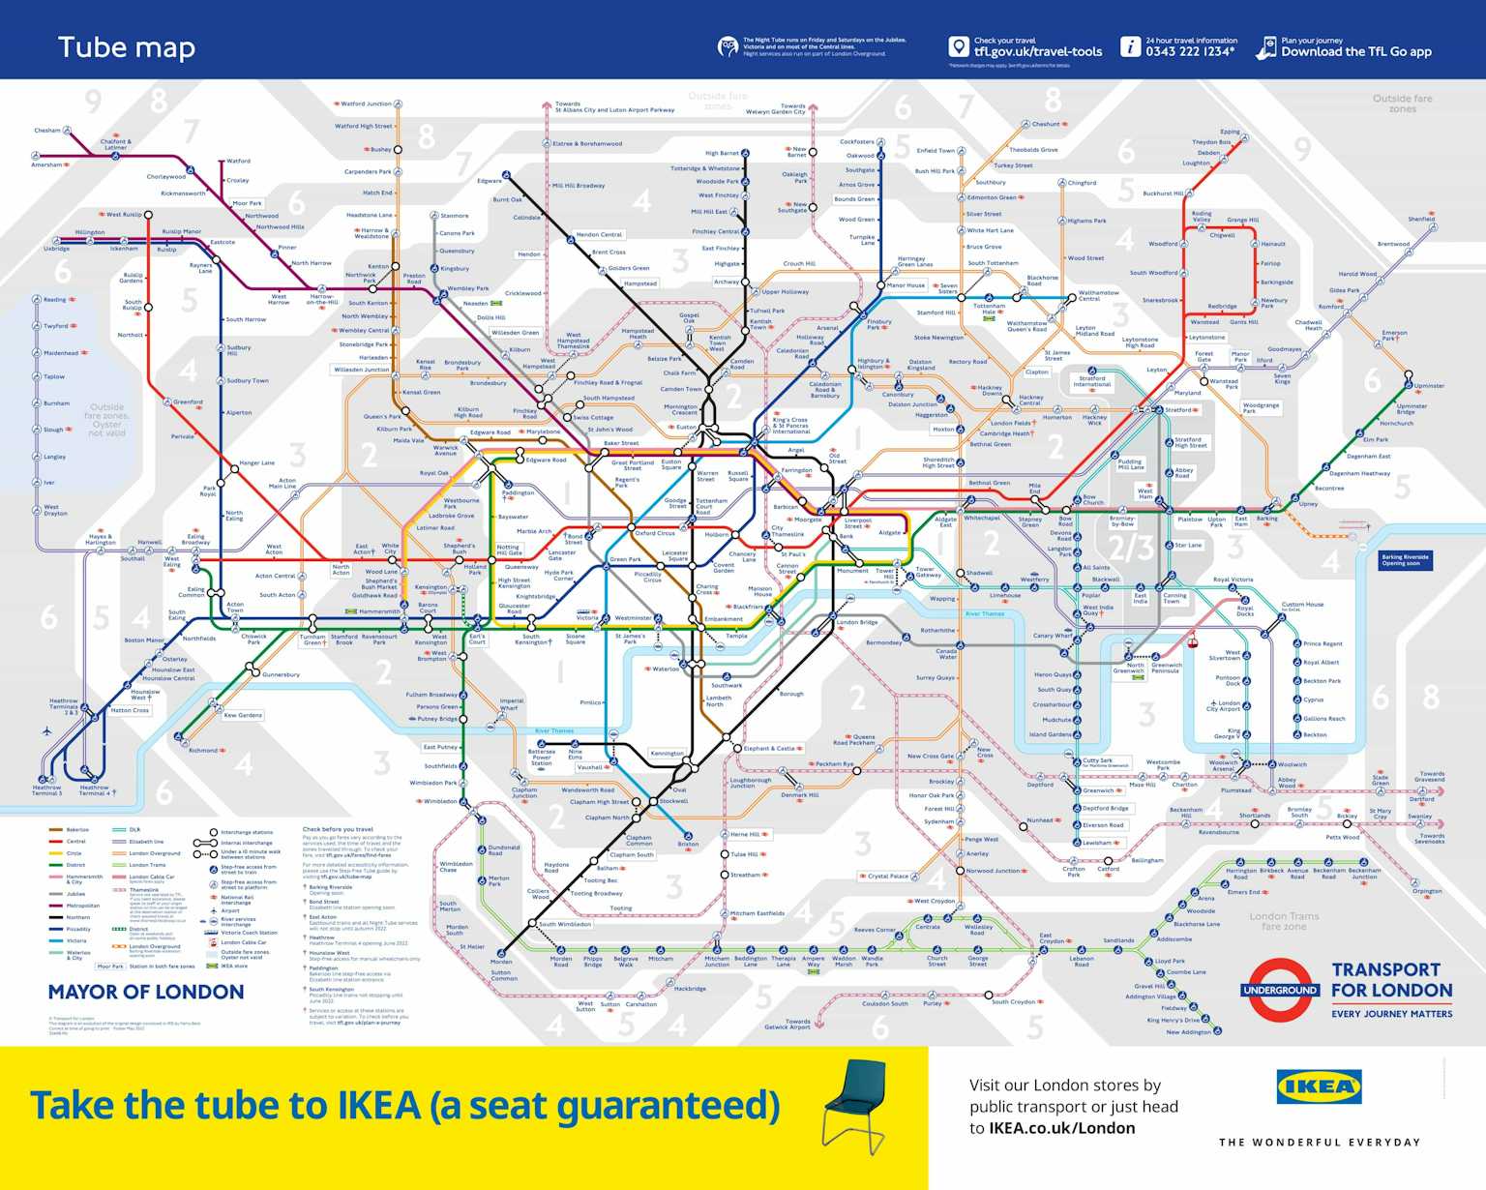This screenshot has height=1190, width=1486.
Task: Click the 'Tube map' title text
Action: [x=127, y=47]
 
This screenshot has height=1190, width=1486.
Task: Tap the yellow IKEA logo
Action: [x=1319, y=1086]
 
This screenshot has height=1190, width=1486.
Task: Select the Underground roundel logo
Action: [x=1279, y=990]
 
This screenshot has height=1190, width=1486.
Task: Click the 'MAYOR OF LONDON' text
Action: [x=146, y=992]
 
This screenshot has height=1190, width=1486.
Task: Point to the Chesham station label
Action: [x=47, y=130]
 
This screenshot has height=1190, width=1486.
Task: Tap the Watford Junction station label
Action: [x=366, y=104]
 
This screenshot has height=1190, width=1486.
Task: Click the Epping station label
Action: [x=1230, y=132]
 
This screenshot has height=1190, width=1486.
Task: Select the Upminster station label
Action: [x=1429, y=386]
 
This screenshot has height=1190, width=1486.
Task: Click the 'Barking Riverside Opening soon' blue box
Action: [x=1406, y=559]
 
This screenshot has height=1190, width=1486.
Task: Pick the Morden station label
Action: [x=501, y=962]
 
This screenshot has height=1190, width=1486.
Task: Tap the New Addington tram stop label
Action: [x=1188, y=1032]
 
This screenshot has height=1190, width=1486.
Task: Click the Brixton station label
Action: [x=688, y=844]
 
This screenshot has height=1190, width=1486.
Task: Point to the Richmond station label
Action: [x=203, y=750]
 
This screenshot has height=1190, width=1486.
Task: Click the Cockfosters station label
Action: [x=857, y=142]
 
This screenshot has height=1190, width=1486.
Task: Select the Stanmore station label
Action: [x=455, y=216]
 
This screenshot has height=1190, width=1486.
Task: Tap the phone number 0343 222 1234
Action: [x=1190, y=52]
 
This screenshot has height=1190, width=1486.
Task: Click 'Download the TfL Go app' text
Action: [x=1355, y=52]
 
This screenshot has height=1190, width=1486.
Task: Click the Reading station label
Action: [x=55, y=300]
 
